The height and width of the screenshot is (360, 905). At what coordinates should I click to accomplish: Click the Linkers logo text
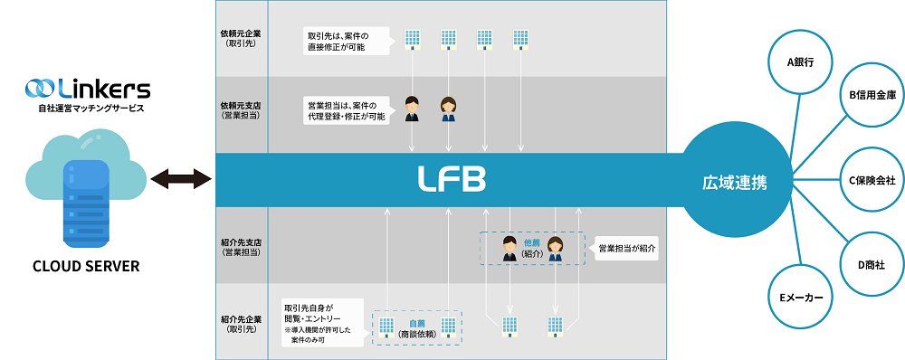(x=99, y=89)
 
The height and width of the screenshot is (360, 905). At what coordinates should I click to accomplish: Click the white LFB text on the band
(x=451, y=179)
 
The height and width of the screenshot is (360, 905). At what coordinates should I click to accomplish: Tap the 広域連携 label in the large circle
(x=735, y=181)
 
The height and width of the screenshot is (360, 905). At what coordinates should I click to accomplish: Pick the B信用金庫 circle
(x=872, y=94)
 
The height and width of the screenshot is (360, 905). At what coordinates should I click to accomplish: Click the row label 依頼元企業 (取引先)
(x=241, y=39)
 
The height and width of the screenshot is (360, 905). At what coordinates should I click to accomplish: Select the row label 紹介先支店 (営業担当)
(x=241, y=247)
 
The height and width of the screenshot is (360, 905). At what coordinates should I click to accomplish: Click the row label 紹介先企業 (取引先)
(x=241, y=322)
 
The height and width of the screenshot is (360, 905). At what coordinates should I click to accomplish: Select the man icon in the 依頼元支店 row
(x=412, y=109)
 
